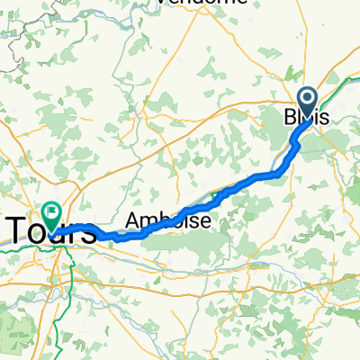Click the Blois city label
[x=307, y=118]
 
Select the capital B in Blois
[x=290, y=118]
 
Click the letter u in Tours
[x=56, y=233]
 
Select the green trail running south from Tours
[x=60, y=297]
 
